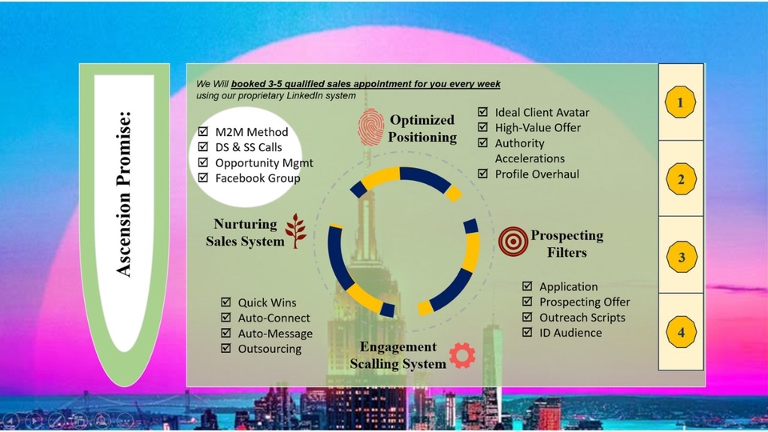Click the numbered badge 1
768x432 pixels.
tap(681, 103)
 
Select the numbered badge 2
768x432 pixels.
tap(681, 179)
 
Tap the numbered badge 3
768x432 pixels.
tap(681, 257)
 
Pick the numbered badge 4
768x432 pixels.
tap(681, 332)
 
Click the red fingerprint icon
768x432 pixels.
tap(370, 127)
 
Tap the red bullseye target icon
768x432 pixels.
tap(513, 241)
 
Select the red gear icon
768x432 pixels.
tap(462, 355)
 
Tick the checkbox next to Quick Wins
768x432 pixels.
tap(226, 303)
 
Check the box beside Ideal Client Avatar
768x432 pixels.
tap(483, 113)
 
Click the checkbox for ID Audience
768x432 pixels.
tap(527, 332)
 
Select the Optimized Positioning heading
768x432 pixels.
tap(422, 128)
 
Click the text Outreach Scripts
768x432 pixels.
tap(582, 317)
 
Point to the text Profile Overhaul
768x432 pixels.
tap(537, 174)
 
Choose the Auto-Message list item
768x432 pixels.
tap(275, 334)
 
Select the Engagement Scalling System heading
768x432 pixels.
tap(398, 355)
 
